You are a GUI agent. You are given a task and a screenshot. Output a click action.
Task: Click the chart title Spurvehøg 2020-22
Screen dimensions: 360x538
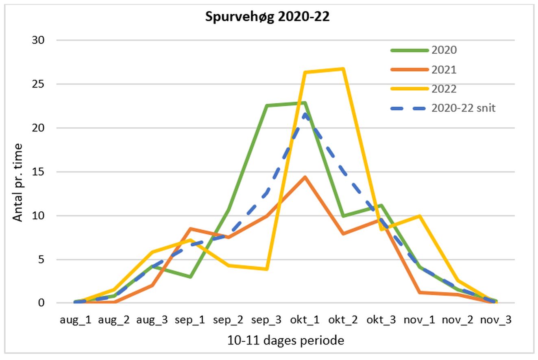[x=267, y=17]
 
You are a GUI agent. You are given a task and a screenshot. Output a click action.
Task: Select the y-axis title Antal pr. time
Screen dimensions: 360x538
[x=18, y=182]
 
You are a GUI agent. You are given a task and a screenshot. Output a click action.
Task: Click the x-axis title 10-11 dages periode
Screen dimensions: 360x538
[x=285, y=340]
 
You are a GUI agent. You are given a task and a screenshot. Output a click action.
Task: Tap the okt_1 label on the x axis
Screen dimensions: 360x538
[x=305, y=320]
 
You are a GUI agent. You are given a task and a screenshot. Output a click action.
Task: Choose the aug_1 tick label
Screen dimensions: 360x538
[x=76, y=320]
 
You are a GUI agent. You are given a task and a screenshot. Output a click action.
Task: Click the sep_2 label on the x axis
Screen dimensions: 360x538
[x=228, y=320]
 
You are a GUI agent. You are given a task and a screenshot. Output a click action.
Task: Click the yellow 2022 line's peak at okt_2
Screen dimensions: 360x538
[x=343, y=69]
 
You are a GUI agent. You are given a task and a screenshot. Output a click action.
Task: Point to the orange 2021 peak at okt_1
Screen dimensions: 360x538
[x=305, y=177]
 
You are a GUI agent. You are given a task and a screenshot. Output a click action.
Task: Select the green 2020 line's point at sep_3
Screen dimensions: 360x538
[x=266, y=106]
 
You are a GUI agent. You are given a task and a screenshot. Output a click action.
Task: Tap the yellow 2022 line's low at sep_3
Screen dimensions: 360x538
[x=266, y=269]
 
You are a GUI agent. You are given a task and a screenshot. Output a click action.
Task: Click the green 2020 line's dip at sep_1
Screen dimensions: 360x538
[x=190, y=277]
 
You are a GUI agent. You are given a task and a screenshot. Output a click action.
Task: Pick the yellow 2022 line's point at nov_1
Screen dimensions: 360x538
[x=419, y=216]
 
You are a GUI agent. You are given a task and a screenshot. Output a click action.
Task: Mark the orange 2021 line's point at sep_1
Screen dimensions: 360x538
[x=190, y=229]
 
